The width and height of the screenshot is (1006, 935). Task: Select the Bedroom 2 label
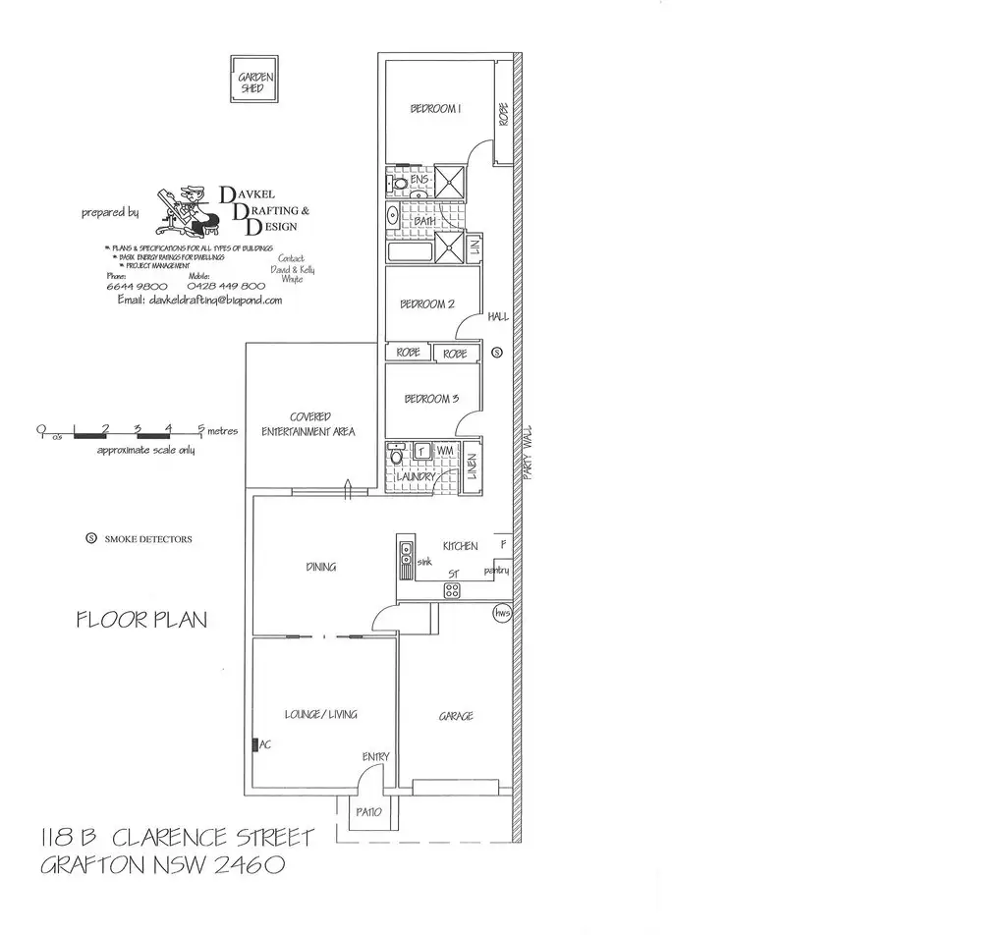(426, 304)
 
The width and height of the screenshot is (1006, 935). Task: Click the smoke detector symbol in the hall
(496, 352)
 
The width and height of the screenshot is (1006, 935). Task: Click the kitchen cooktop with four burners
(453, 590)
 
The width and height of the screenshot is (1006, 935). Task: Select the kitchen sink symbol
(404, 555)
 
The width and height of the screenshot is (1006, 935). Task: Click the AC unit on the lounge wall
(255, 745)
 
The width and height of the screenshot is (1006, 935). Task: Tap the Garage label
(456, 716)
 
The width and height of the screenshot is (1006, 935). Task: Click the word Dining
(320, 567)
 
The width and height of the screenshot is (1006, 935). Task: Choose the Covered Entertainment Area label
(308, 424)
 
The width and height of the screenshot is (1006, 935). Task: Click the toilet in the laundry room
(396, 456)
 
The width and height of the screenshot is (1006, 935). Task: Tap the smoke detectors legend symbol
(92, 539)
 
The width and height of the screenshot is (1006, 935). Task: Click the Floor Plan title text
(141, 620)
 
